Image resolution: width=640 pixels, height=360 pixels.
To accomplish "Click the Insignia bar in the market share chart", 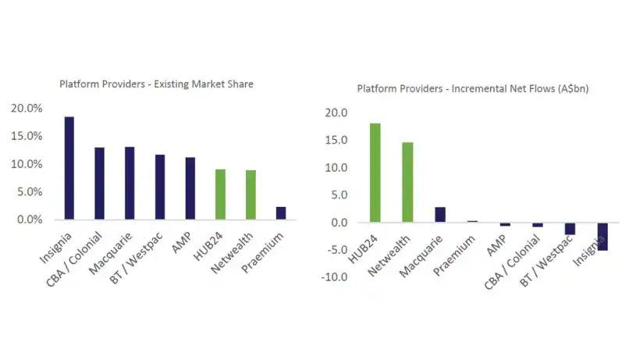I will (x=69, y=168).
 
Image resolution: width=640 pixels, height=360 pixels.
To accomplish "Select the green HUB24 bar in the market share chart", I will (x=221, y=194).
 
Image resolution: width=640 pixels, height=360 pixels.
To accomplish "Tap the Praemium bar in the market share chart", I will (x=281, y=213).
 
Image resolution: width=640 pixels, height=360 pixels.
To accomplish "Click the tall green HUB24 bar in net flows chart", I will (x=375, y=173).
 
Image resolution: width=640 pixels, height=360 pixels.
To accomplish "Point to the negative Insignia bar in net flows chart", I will (x=603, y=237).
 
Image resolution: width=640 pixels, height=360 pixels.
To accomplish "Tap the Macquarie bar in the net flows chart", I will (x=440, y=215).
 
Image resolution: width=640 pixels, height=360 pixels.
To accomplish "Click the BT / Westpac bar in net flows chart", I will (x=570, y=229).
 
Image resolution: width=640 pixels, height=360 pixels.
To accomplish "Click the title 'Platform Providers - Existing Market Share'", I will (x=156, y=84).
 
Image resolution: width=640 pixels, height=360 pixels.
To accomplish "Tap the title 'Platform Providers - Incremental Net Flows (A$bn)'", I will (x=472, y=88).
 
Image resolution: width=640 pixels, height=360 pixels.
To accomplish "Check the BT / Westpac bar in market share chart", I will (x=160, y=187).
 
